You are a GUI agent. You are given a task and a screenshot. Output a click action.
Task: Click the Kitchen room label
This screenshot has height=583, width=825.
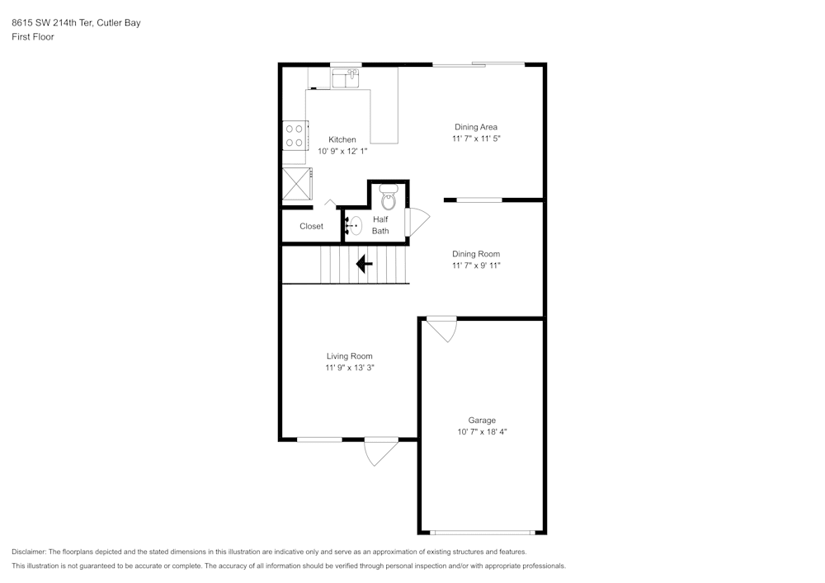(x=342, y=139)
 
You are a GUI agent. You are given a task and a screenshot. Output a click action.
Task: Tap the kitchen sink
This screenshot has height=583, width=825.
(x=345, y=78)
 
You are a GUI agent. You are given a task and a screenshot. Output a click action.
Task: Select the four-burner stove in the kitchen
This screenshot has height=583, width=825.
(x=295, y=135)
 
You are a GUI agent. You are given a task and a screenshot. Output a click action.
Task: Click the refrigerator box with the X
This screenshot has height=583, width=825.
(x=297, y=184)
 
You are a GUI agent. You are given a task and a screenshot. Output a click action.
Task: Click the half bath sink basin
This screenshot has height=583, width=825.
(x=354, y=226)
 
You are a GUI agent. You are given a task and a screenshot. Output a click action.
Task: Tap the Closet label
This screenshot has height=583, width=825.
(x=312, y=226)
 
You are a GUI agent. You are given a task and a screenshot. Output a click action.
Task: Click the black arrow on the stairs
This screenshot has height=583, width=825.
(x=364, y=264)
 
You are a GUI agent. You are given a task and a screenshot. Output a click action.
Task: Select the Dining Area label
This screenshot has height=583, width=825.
(x=476, y=127)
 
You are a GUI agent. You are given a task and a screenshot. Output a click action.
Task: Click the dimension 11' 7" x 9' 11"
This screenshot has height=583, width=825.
(x=476, y=266)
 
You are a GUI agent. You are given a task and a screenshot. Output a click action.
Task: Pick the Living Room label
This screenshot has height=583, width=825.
(x=349, y=356)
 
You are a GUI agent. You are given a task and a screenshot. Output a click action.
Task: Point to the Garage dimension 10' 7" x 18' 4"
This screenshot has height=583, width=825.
(x=482, y=431)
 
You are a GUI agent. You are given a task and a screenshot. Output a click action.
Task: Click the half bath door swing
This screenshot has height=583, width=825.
(x=417, y=221)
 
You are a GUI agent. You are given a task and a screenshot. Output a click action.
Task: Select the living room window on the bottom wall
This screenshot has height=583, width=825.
(x=319, y=440)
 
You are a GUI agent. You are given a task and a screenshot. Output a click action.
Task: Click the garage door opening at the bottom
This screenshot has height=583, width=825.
(x=483, y=533)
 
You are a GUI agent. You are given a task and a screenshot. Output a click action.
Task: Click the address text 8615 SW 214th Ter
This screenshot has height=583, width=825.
(x=53, y=22)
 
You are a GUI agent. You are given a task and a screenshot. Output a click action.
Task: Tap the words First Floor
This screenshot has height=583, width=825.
(x=33, y=37)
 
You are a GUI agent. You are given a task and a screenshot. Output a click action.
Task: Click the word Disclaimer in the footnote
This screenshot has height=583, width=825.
(x=28, y=552)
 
